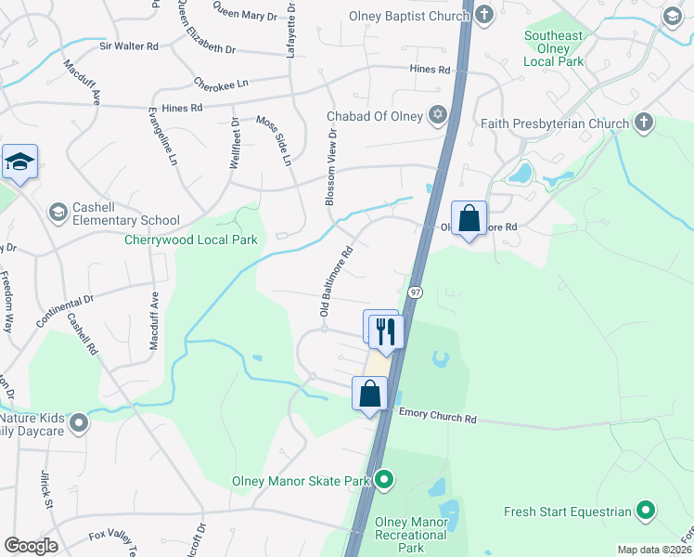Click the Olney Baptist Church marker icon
pos(484,15)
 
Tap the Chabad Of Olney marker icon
pos(437,116)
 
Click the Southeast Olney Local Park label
pos(553,47)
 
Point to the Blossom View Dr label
pos(329,166)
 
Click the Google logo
pos(31,545)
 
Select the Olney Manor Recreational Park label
pos(411,535)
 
